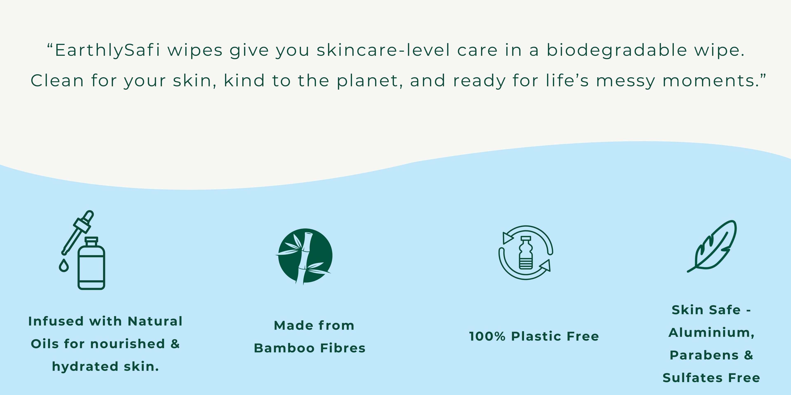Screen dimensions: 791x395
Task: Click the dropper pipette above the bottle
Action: point(78,232)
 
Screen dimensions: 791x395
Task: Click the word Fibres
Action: point(343,348)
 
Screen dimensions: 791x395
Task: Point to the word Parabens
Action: point(704,355)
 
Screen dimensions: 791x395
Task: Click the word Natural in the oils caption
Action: point(155,321)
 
